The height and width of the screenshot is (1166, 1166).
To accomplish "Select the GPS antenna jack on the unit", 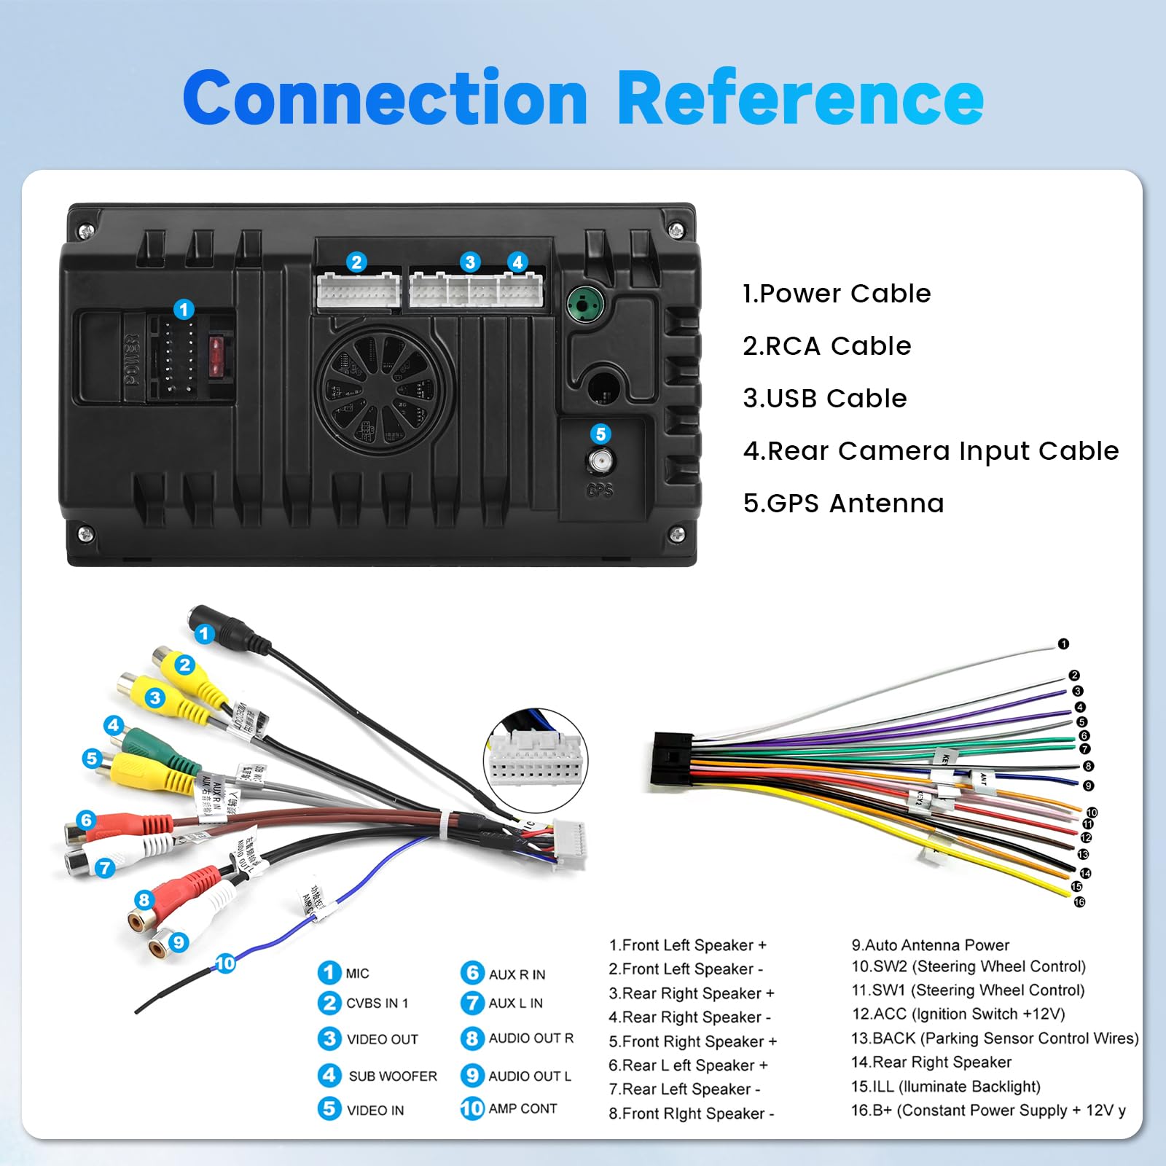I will coord(600,461).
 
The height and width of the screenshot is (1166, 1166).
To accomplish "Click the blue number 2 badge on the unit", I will coord(356,262).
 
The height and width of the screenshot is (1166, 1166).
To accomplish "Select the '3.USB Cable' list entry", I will coord(824,399).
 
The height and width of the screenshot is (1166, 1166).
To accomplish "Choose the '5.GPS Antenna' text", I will coord(843,504).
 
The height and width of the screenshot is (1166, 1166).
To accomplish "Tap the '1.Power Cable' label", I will coord(837,294).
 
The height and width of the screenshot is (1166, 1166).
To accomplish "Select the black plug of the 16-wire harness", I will coord(671,761).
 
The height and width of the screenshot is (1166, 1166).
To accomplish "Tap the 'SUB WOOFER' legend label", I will coord(392,1076).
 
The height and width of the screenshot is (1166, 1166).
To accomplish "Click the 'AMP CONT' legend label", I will coord(523,1108).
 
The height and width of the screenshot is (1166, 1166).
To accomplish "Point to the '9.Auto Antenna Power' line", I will coord(931,945).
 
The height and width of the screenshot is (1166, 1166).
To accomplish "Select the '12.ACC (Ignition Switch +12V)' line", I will coord(958,1014).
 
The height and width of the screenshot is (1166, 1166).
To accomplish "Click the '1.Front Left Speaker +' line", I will coord(688,945).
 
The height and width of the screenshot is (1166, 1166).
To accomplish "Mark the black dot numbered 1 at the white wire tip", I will coord(1063,644).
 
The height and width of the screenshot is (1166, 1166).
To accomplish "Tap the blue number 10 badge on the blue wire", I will coord(225,963).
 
